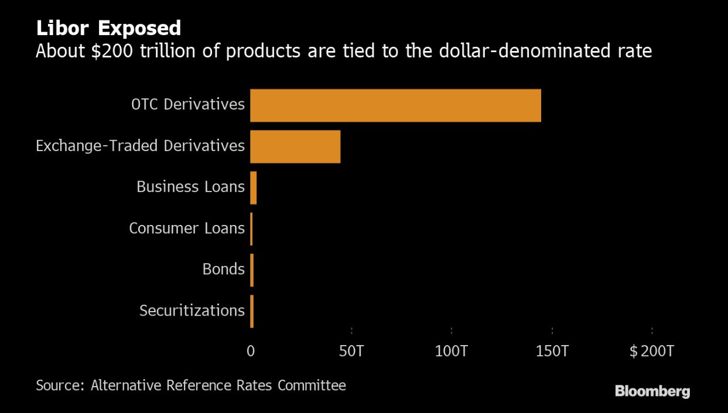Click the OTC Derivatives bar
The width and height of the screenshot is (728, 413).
coord(395,105)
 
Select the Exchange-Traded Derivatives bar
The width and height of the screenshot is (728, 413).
coord(295,146)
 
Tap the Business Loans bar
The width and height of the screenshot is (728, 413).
coord(254,187)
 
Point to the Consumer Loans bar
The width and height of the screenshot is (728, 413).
coord(251,228)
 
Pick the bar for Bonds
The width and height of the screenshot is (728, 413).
coord(252,270)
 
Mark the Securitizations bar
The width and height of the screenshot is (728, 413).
coord(252,311)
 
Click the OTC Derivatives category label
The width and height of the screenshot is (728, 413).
coord(187,104)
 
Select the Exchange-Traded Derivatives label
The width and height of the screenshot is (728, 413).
coord(140,145)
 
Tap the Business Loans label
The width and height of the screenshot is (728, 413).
coord(190,187)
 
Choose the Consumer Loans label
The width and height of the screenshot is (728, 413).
coord(186,228)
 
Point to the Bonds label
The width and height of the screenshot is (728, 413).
coord(223,269)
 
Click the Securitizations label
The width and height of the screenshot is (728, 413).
coord(192,310)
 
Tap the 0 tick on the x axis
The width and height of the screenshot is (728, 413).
coord(251,351)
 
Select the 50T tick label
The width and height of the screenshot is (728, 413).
coord(351,351)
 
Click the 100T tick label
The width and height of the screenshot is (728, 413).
coord(452,351)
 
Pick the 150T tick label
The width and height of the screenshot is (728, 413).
coord(552,351)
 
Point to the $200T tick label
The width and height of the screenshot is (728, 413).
coord(652,351)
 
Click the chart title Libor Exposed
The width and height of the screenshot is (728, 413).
coord(108,28)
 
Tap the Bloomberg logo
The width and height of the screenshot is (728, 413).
coord(652,391)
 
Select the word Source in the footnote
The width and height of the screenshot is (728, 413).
coord(59,385)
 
